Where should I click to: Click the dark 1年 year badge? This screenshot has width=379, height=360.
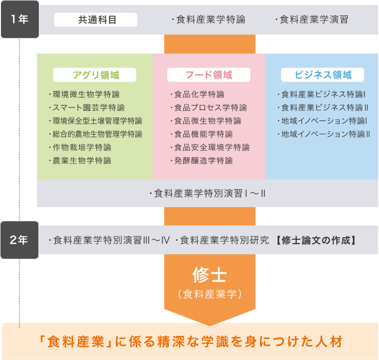(x=20, y=19)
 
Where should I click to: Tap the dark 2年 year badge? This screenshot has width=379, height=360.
(x=20, y=240)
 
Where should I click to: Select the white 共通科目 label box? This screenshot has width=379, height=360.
(x=96, y=20)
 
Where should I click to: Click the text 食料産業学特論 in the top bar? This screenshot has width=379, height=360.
(x=211, y=20)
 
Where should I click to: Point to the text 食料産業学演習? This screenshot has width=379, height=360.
(x=314, y=20)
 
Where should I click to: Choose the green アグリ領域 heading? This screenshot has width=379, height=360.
(x=96, y=75)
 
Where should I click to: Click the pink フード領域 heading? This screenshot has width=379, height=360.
(x=209, y=75)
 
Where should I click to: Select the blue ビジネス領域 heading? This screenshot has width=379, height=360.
(x=323, y=75)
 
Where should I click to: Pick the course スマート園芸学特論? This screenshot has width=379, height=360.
(x=88, y=107)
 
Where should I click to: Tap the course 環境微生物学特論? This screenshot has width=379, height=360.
(x=86, y=94)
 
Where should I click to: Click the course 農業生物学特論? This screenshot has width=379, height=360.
(x=82, y=161)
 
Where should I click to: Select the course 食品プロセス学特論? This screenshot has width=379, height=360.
(x=211, y=107)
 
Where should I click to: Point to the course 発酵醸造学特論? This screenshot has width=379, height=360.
(x=203, y=161)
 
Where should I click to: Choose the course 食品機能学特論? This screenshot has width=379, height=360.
(x=203, y=134)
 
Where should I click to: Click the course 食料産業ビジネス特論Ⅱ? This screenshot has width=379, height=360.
(x=325, y=107)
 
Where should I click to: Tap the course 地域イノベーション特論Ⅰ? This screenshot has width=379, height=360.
(x=324, y=121)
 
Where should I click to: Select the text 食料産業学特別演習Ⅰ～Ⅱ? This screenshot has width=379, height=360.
(x=210, y=193)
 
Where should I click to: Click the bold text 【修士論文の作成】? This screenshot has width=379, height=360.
(x=316, y=240)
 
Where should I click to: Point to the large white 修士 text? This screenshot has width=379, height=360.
(x=210, y=275)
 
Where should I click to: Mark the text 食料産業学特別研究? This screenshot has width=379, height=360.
(x=225, y=240)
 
